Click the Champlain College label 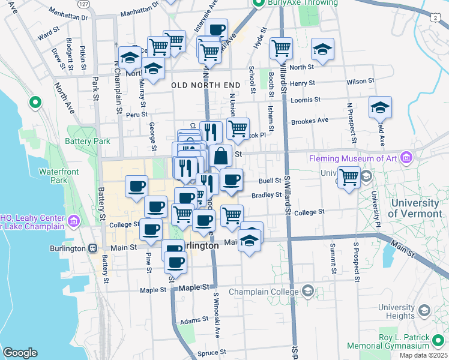[268, 291]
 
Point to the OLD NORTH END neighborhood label [206, 85]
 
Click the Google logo [20, 353]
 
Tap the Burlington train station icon [92, 248]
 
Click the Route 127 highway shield [85, 4]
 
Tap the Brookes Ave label [310, 120]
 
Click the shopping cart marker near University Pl [349, 177]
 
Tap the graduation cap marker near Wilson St [322, 49]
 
